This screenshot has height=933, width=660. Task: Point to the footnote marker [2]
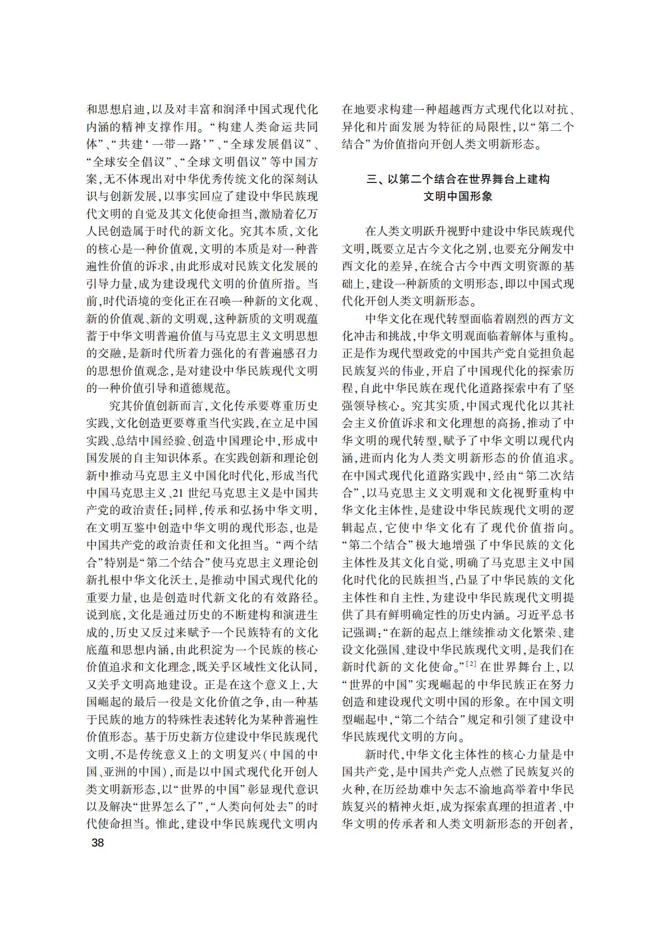coord(472,664)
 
